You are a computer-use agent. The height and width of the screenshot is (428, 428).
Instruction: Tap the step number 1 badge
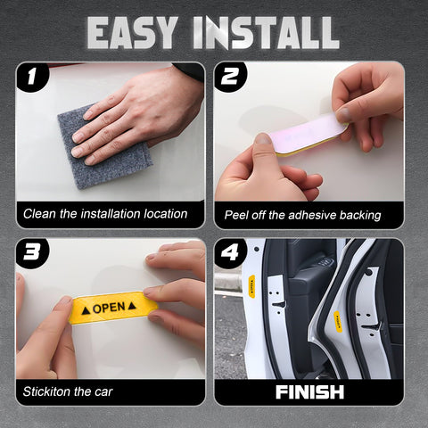click(33, 78)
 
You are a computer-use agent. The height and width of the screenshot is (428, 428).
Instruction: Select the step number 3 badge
click(33, 254)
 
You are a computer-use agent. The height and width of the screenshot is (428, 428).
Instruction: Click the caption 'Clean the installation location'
click(105, 214)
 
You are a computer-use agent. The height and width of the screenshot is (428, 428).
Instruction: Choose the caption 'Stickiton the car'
click(68, 391)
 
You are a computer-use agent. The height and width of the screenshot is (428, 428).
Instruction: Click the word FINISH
click(309, 391)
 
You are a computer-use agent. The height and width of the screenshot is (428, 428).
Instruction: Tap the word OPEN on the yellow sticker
click(109, 308)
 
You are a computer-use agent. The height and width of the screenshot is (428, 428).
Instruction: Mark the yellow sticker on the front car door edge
click(252, 285)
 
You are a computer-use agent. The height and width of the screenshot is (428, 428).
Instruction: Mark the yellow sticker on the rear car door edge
click(338, 318)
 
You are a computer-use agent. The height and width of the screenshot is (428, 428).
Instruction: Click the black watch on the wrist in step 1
click(190, 70)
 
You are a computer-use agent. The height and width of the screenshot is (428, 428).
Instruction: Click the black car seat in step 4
click(308, 285)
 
